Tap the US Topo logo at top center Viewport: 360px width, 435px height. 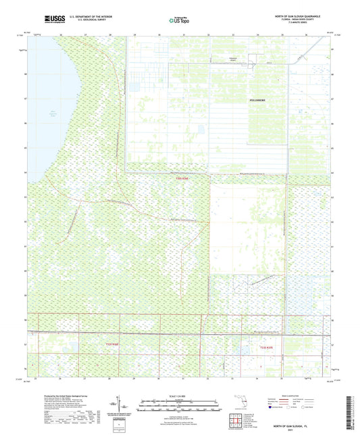[x=178, y=21]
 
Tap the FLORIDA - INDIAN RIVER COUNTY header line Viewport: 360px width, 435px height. [x=305, y=20]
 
